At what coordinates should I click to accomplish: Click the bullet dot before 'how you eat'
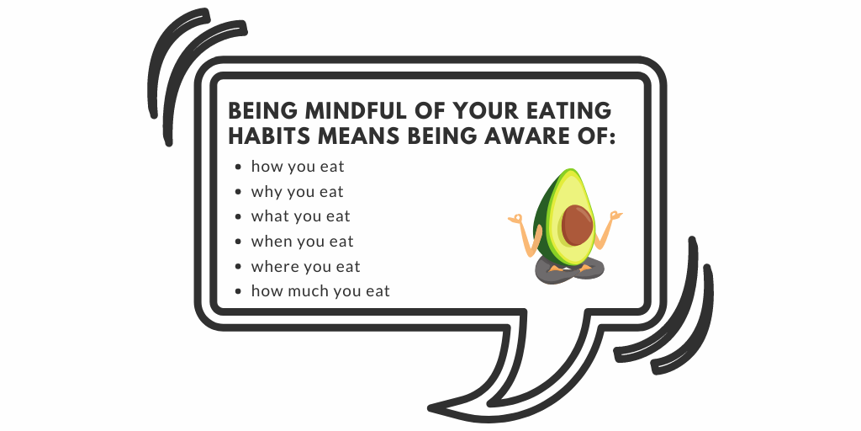click(x=238, y=167)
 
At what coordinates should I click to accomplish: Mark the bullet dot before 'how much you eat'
click(x=238, y=291)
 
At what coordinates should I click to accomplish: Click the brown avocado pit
click(x=577, y=225)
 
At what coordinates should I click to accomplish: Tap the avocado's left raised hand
click(x=516, y=220)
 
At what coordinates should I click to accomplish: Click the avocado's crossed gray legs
click(x=568, y=271)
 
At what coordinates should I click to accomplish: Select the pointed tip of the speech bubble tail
click(x=430, y=408)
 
